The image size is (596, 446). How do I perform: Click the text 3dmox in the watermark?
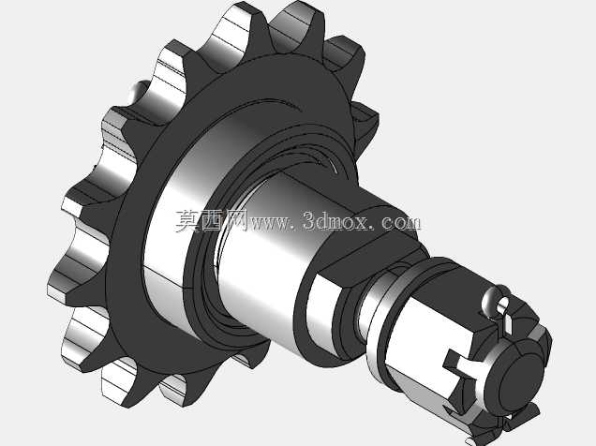[x=335, y=220]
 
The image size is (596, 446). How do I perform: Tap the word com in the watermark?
[x=401, y=221]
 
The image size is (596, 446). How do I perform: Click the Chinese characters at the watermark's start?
[x=211, y=220]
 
